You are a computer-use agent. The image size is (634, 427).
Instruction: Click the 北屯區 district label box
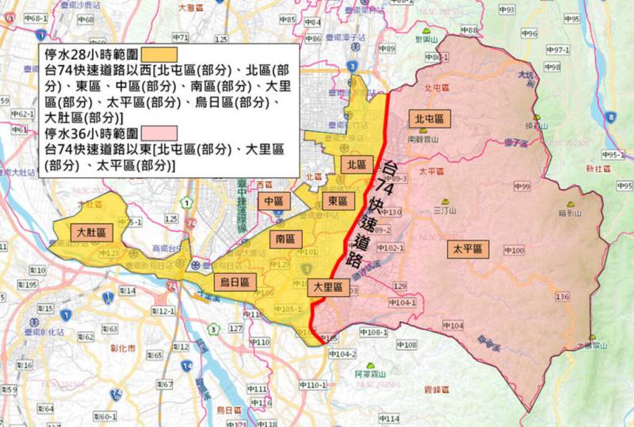(x=429, y=118)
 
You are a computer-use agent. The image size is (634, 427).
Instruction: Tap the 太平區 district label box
(x=467, y=248)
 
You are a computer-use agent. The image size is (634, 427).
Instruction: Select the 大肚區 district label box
(x=91, y=233)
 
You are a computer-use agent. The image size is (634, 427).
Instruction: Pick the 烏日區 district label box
(x=235, y=282)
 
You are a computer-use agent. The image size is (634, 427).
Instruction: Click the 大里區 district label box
(x=327, y=287)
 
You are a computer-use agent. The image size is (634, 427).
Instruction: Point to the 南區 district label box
(x=285, y=238)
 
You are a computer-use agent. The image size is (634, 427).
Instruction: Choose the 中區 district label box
(x=273, y=201)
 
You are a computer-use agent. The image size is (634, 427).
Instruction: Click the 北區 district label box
(x=357, y=164)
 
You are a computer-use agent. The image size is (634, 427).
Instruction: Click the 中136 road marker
(x=562, y=297)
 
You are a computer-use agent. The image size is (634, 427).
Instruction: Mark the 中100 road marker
(x=513, y=251)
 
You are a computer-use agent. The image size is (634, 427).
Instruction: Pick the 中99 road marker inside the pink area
(x=521, y=187)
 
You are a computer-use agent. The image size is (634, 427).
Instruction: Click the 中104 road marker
(x=452, y=326)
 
